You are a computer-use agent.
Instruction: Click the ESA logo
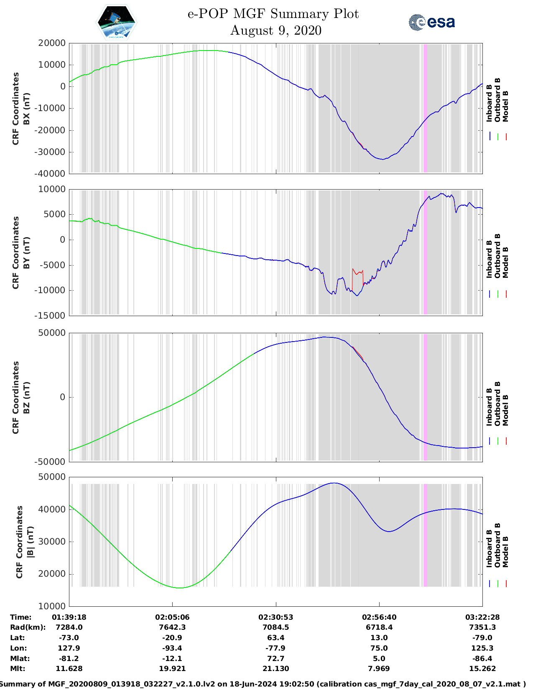click(x=431, y=22)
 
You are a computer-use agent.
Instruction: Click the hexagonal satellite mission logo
click(x=116, y=22)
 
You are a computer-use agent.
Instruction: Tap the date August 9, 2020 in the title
click(x=275, y=30)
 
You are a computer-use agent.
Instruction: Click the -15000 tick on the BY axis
click(x=51, y=316)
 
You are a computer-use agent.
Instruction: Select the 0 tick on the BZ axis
click(x=62, y=397)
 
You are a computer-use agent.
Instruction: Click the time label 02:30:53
click(x=275, y=617)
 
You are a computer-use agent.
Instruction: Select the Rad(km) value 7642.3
click(x=172, y=627)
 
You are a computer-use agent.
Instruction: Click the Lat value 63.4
click(x=275, y=638)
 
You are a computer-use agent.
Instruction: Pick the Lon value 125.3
click(x=482, y=648)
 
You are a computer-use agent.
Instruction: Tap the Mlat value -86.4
click(x=482, y=659)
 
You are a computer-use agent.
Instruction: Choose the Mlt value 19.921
click(x=172, y=669)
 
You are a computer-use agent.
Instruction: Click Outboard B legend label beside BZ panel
click(x=497, y=404)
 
